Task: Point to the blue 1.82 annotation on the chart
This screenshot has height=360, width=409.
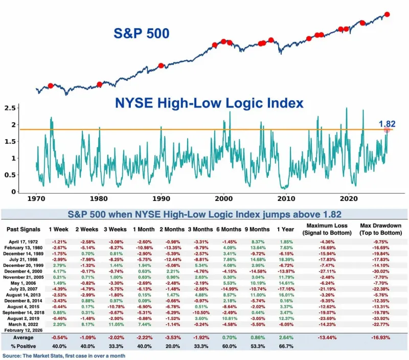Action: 387,123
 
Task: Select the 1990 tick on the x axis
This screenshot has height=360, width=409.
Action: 161,198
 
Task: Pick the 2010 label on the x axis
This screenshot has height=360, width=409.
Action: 286,198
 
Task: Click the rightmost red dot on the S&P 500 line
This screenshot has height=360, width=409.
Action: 387,14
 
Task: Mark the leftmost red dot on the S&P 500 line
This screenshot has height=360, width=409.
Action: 50,85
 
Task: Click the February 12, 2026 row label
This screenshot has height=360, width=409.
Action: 25,330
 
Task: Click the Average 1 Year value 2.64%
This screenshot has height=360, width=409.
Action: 287,339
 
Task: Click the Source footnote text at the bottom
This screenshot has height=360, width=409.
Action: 64,355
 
